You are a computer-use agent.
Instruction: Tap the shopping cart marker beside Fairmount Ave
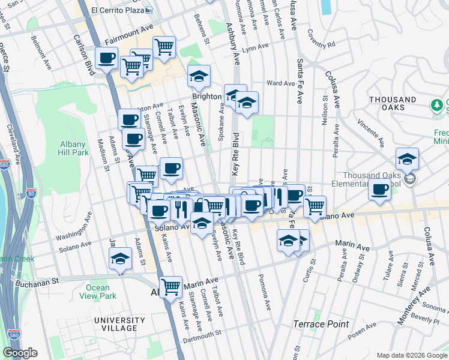point(164,47)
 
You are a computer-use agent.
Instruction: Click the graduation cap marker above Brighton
point(199,77)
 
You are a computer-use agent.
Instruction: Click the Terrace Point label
point(321,324)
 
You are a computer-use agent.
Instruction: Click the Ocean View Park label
point(97,292)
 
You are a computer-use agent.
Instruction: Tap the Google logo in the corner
point(20,353)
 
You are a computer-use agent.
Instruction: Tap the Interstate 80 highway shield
point(32,193)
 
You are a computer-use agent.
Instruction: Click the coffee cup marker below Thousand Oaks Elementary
point(379,190)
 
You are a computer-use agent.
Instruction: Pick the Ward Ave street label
point(280,83)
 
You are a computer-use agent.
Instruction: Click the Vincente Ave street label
point(370,131)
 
